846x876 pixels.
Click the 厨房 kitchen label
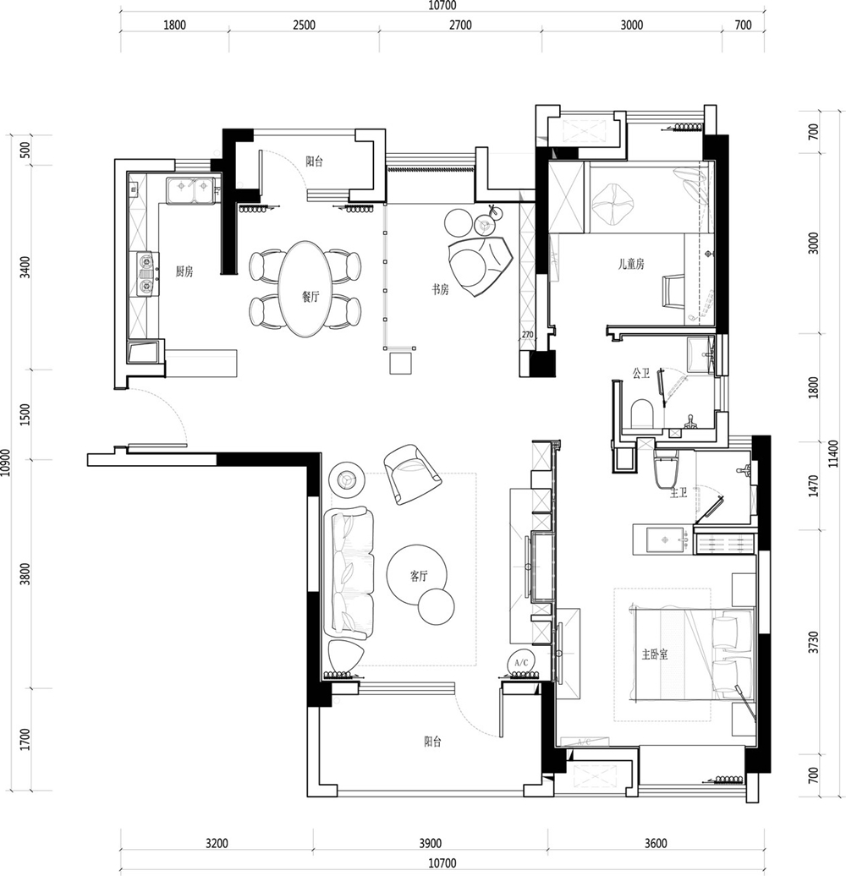click(184, 271)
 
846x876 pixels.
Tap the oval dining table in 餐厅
click(305, 289)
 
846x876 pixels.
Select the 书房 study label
click(440, 289)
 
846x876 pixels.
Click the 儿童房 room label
click(631, 264)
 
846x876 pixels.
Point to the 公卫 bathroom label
click(641, 373)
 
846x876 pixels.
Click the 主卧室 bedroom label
click(655, 654)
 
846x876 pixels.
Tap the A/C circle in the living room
click(521, 663)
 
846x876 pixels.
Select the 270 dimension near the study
click(528, 335)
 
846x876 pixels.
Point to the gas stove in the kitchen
click(145, 274)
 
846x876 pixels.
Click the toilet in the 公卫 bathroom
click(641, 413)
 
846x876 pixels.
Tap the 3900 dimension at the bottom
click(430, 843)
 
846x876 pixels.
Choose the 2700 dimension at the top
click(460, 25)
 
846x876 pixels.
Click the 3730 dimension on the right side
click(814, 643)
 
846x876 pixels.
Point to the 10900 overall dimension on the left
click(6, 462)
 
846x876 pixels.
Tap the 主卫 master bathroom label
click(678, 493)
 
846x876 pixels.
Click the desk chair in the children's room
click(673, 291)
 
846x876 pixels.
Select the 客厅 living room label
click(419, 576)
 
